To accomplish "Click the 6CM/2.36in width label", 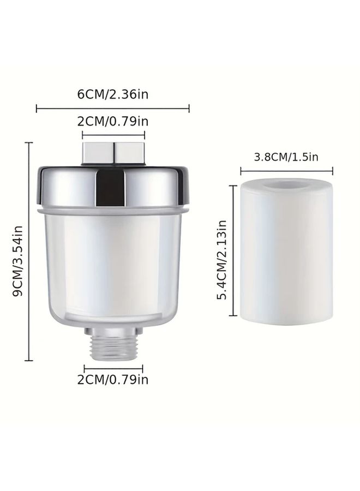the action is click(113, 94).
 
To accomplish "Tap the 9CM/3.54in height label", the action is click(18, 261).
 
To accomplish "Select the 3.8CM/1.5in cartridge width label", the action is click(286, 157).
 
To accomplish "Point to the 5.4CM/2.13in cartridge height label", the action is click(221, 260).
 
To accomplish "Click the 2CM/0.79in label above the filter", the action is click(113, 121).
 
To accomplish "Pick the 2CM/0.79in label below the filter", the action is click(113, 380).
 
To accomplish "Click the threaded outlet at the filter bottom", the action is click(113, 344).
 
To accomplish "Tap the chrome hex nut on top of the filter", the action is click(113, 153).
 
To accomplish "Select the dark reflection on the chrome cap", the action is click(111, 188).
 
